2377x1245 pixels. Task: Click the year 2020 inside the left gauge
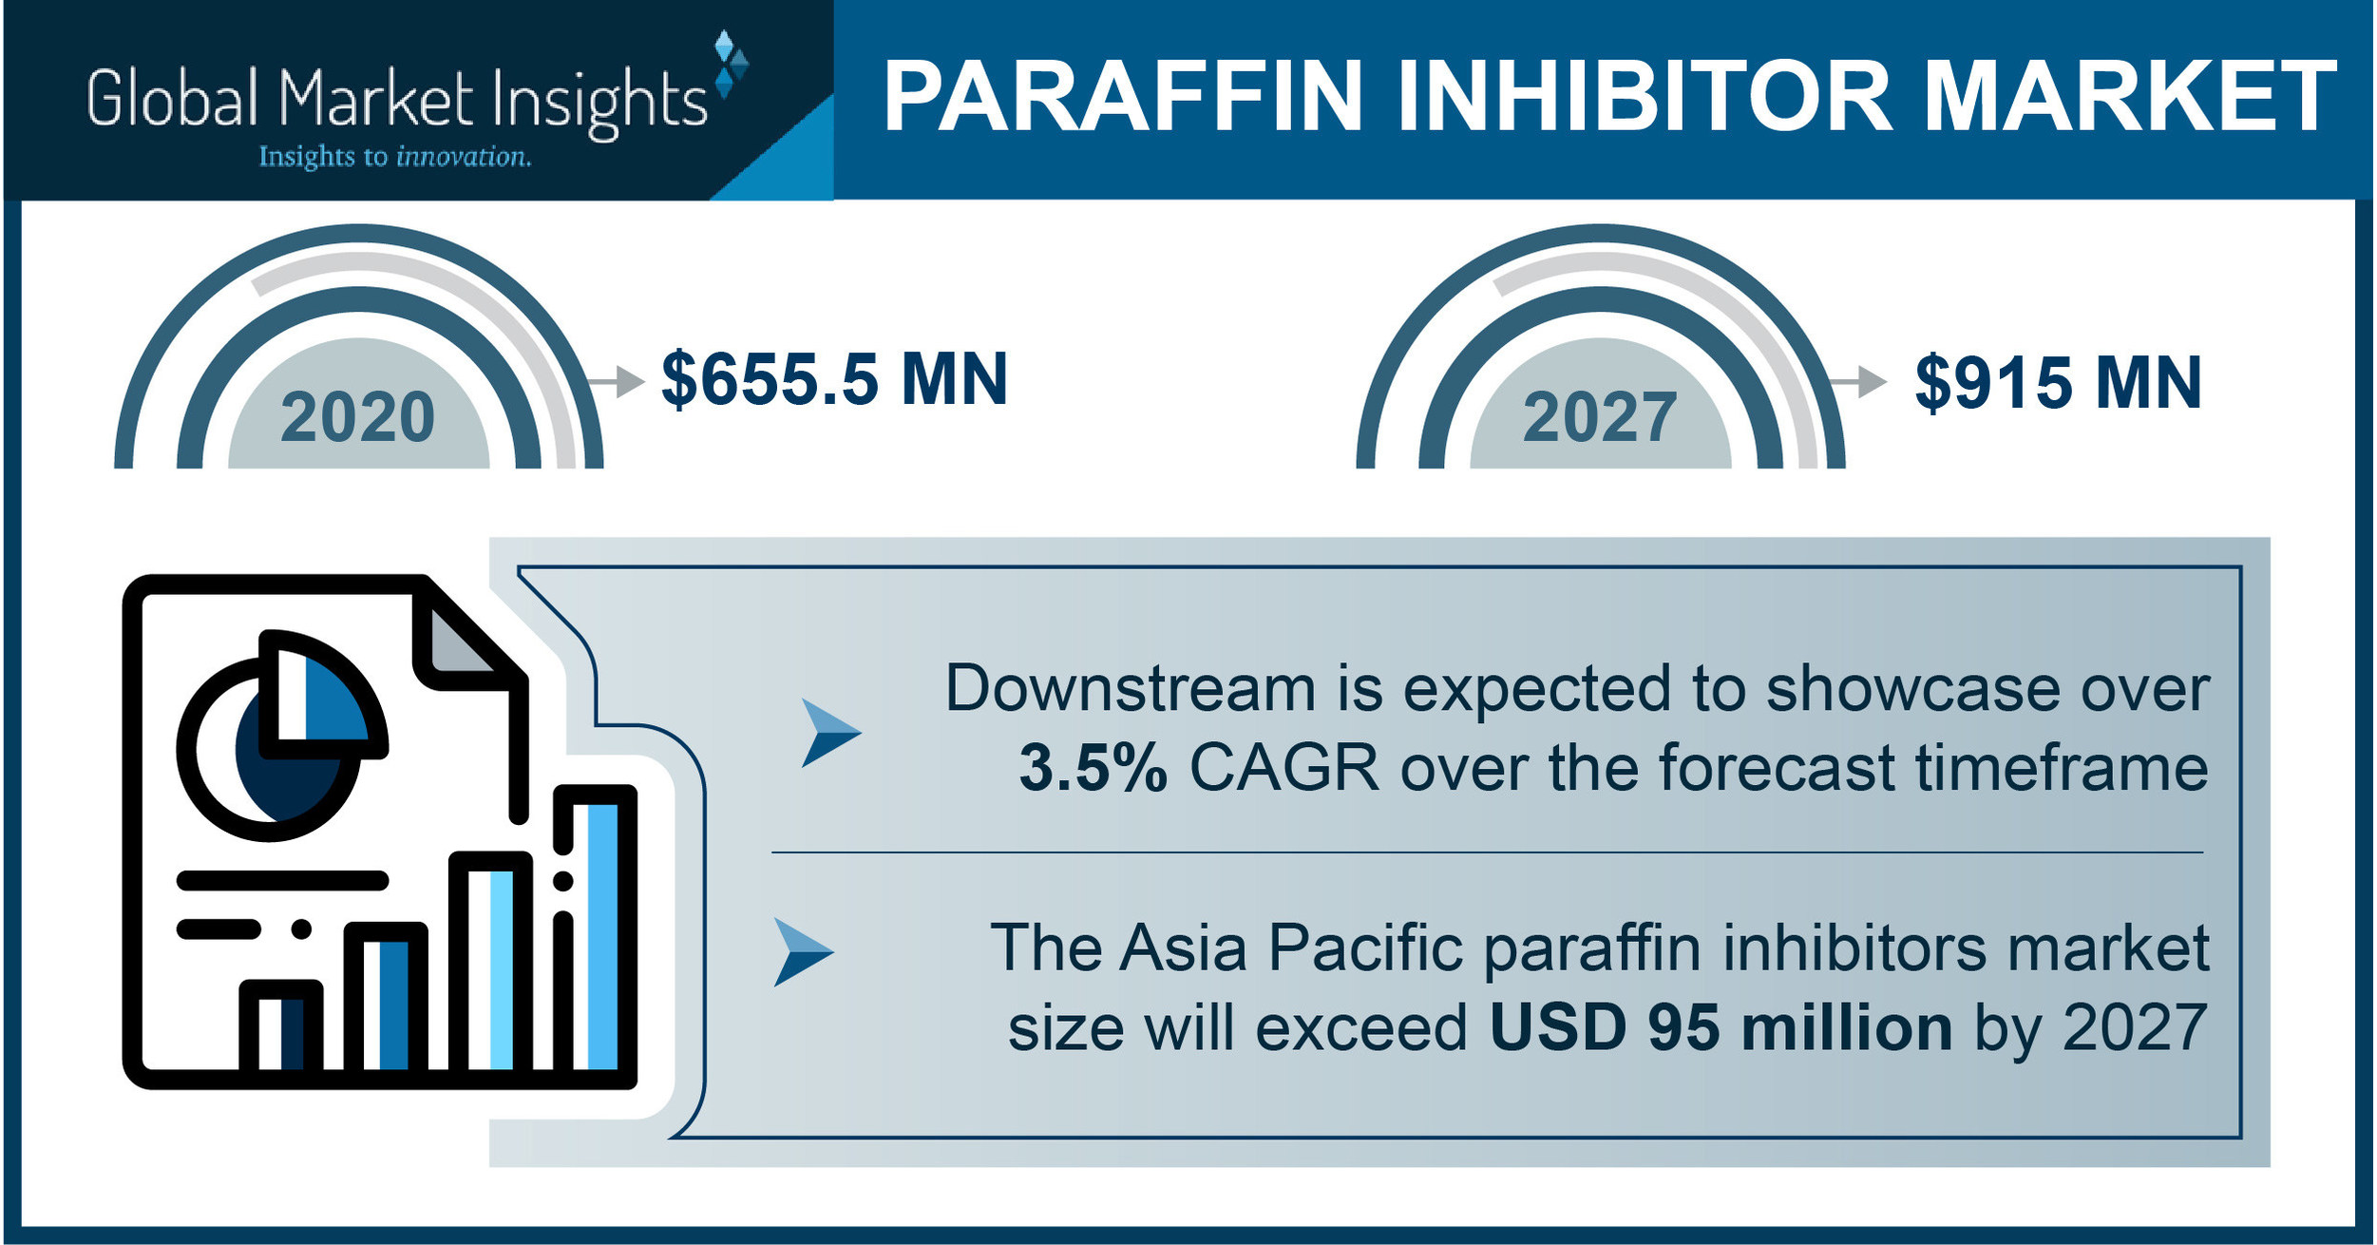point(357,417)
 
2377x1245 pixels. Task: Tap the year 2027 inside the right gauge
point(1600,417)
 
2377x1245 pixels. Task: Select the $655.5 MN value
point(834,379)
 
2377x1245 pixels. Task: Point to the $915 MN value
point(2058,383)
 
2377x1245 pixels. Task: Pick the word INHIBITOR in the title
point(1645,97)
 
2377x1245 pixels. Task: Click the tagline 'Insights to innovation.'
point(394,157)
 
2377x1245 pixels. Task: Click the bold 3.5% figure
point(1093,768)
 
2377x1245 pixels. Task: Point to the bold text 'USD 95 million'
point(1721,1028)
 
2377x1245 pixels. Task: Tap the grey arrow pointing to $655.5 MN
point(618,381)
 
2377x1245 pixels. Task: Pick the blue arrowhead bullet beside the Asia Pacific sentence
point(802,951)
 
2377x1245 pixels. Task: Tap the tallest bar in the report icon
point(595,931)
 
